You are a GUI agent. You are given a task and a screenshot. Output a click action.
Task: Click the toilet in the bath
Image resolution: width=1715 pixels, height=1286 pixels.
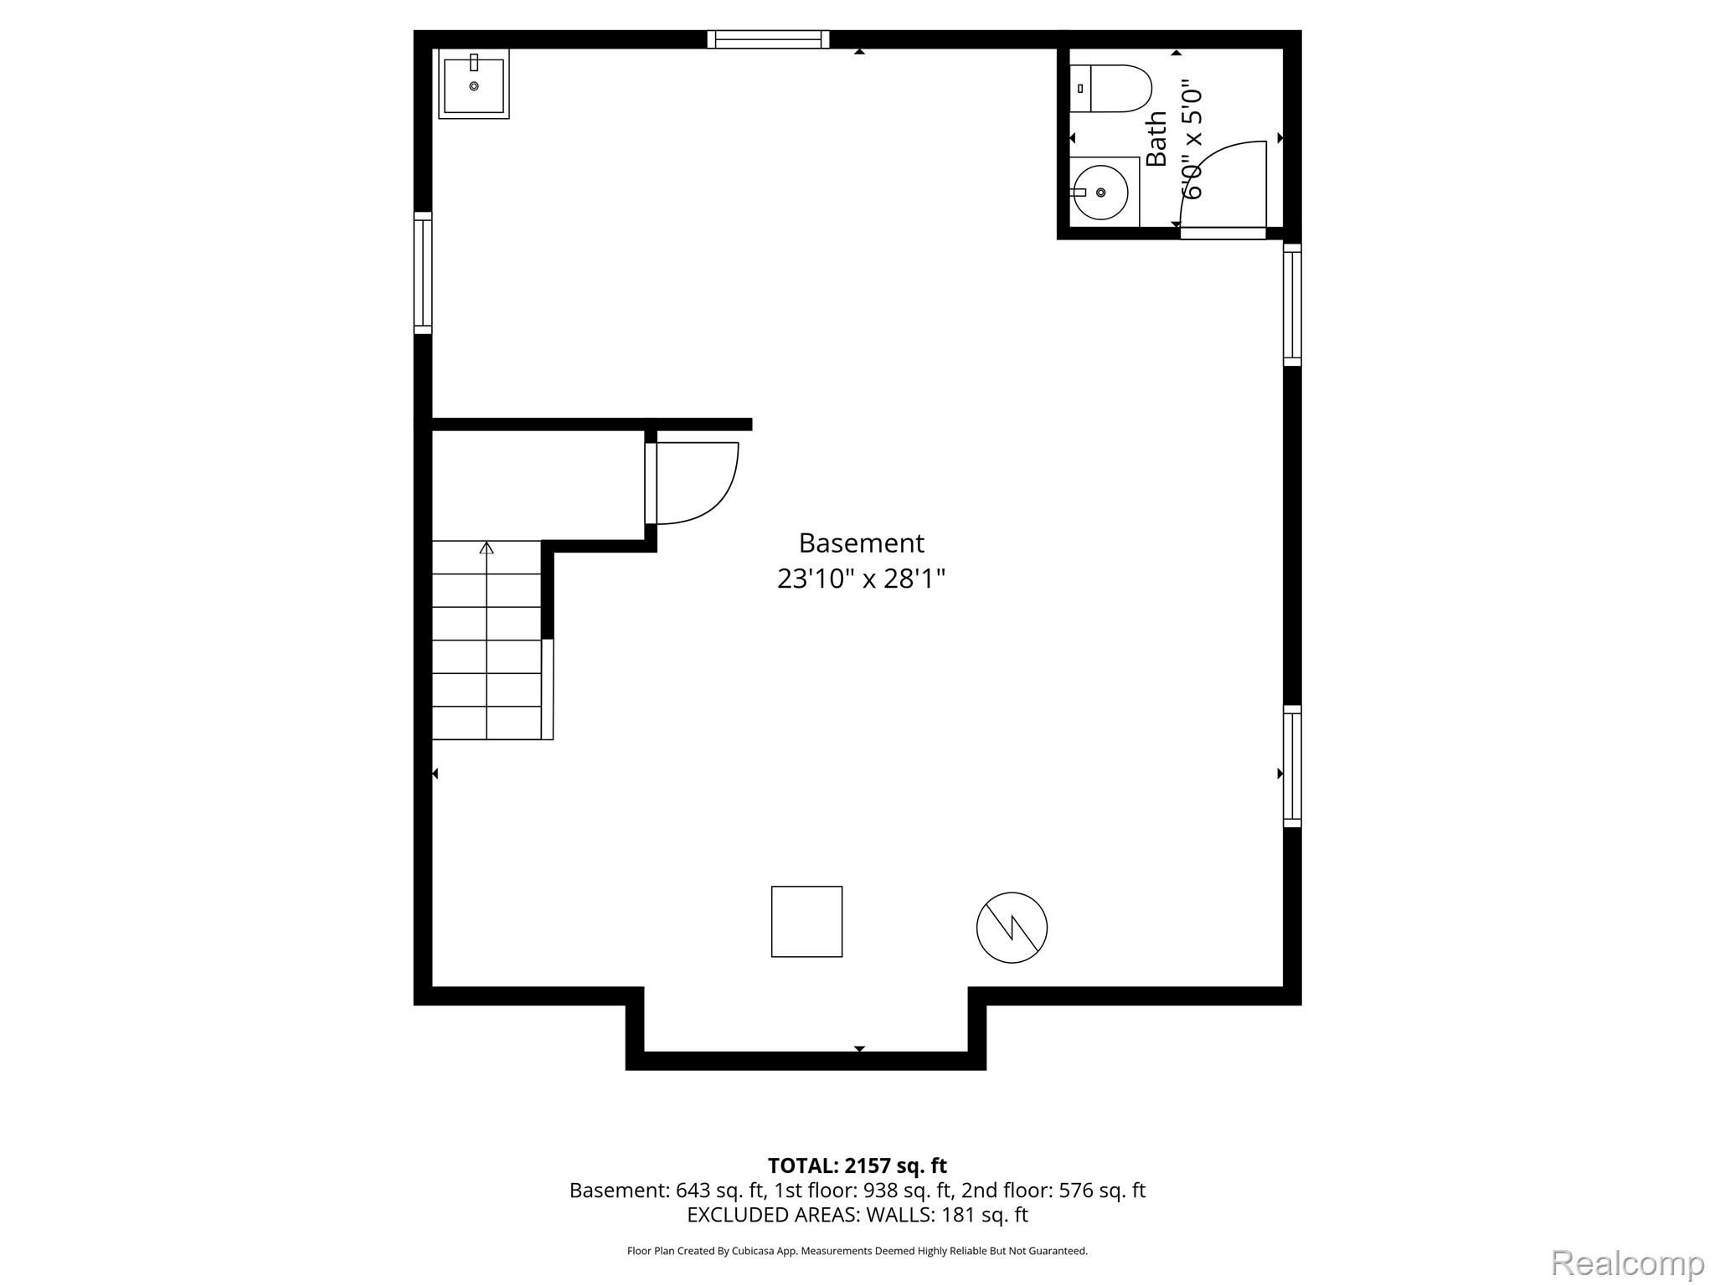tap(1110, 89)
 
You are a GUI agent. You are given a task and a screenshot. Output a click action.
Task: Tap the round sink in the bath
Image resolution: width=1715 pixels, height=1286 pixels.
tap(1100, 192)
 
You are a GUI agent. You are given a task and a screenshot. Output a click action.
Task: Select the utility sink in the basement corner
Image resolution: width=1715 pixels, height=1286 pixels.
tap(474, 84)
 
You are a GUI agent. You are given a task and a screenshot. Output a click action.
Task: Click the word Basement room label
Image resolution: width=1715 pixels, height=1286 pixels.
tap(861, 543)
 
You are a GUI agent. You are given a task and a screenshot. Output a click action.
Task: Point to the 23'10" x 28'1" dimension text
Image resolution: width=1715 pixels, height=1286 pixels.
tap(861, 579)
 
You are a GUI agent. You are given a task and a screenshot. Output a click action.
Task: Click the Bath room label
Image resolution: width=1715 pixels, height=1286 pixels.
tap(1156, 139)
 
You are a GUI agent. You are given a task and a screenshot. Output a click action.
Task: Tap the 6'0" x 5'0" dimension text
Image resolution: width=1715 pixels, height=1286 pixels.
tap(1192, 139)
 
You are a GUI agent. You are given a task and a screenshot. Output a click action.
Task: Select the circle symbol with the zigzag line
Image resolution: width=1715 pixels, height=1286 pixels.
tap(1012, 928)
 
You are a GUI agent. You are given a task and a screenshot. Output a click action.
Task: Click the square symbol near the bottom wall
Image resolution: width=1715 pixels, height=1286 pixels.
tap(806, 922)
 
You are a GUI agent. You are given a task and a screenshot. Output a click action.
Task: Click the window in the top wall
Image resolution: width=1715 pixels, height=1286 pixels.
tap(768, 39)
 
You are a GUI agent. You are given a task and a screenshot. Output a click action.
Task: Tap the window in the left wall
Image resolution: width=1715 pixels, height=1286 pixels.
tap(423, 273)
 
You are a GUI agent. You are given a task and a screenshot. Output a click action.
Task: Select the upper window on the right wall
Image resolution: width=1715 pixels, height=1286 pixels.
tap(1292, 305)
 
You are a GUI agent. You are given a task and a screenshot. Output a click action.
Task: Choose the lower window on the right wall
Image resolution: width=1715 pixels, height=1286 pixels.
tap(1292, 766)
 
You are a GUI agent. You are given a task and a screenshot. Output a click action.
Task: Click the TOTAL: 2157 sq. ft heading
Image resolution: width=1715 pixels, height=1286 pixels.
tap(857, 1165)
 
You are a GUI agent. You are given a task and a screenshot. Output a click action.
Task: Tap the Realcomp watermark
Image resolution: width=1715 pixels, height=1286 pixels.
tap(1627, 1263)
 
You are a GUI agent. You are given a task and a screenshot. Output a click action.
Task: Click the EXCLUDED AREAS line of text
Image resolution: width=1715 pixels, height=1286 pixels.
tap(857, 1215)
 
